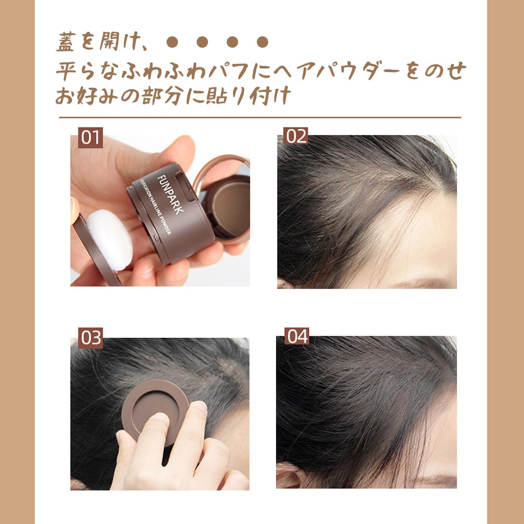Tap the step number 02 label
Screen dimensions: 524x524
click(x=296, y=136)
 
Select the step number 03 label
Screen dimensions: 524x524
click(x=91, y=338)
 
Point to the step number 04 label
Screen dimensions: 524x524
click(x=298, y=336)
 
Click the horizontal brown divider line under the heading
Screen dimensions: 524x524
click(x=259, y=118)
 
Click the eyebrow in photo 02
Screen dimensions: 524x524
click(x=415, y=283)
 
